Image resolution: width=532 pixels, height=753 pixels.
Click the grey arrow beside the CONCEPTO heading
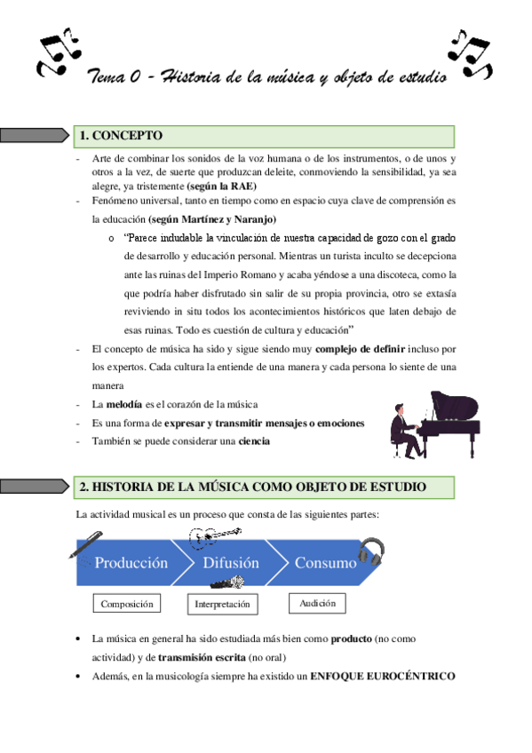coord(35,136)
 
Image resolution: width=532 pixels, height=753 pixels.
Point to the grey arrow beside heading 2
coord(35,487)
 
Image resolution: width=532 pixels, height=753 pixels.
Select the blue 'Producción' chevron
coord(131,562)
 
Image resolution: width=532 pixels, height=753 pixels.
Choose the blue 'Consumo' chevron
coord(325,562)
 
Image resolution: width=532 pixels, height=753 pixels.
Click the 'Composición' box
coord(127,605)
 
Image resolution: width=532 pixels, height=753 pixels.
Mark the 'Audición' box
coord(317,604)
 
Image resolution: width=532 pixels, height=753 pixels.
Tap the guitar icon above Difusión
coord(214,535)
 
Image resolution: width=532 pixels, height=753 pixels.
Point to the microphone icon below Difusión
coord(227,584)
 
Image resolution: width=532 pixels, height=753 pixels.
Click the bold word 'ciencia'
coord(255,440)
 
